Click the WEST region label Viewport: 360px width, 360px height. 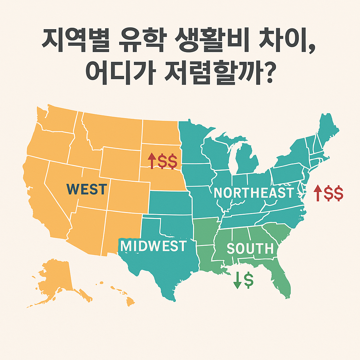[x=86, y=189]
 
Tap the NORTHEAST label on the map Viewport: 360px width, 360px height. [x=253, y=193]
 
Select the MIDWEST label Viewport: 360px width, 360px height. [x=153, y=246]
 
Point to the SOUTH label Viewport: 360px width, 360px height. [x=250, y=249]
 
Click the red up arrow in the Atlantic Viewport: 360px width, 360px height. [x=317, y=193]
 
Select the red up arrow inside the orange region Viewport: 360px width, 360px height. [x=152, y=161]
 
